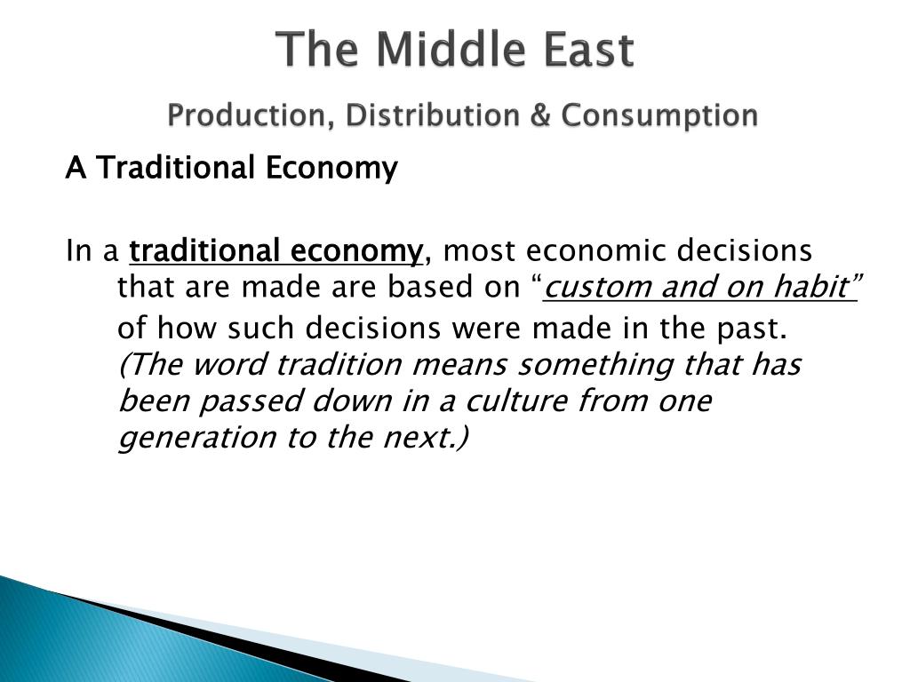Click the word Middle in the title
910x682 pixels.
[x=454, y=50]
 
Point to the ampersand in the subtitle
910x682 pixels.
[x=539, y=115]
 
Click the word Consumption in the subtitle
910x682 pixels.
[x=659, y=116]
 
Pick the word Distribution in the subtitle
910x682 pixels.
[x=432, y=115]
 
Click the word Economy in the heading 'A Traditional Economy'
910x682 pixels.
[x=332, y=169]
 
